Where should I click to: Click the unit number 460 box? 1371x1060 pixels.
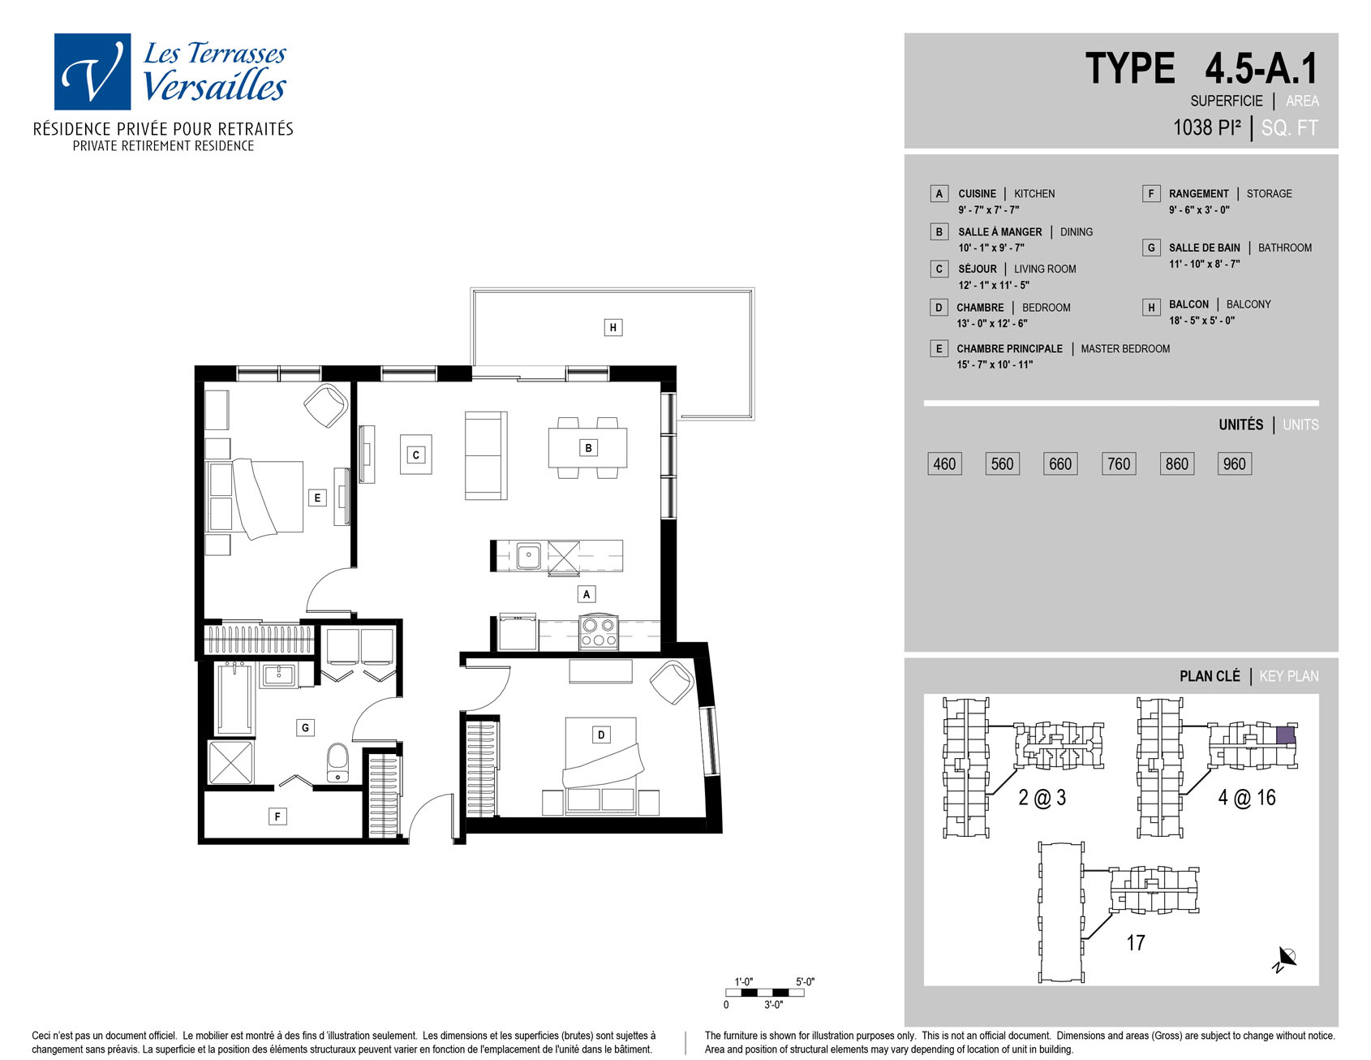[944, 463]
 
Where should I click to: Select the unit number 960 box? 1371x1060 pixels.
[1234, 463]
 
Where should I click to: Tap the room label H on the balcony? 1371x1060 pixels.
[612, 328]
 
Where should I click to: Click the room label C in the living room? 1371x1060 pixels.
[416, 455]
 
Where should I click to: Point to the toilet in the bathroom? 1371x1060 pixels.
[338, 763]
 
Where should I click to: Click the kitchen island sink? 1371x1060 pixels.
[528, 556]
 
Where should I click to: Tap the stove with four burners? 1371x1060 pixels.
[599, 632]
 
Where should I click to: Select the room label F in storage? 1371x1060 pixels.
[277, 817]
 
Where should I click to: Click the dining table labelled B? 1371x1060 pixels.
[588, 448]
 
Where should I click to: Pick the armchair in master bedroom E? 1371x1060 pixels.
[326, 405]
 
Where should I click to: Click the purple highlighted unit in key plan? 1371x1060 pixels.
[1285, 735]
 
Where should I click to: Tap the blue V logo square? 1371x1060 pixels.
[92, 71]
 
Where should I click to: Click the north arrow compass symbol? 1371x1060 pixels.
[1285, 959]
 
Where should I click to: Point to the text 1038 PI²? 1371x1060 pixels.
[1207, 127]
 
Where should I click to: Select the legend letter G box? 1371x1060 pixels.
[1150, 248]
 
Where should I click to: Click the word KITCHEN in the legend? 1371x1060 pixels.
[1034, 194]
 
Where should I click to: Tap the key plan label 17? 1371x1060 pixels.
[1136, 942]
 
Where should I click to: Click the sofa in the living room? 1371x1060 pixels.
[486, 455]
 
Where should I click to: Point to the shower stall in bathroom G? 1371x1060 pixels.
[231, 762]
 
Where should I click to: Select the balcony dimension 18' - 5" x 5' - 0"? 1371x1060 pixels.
[1201, 321]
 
